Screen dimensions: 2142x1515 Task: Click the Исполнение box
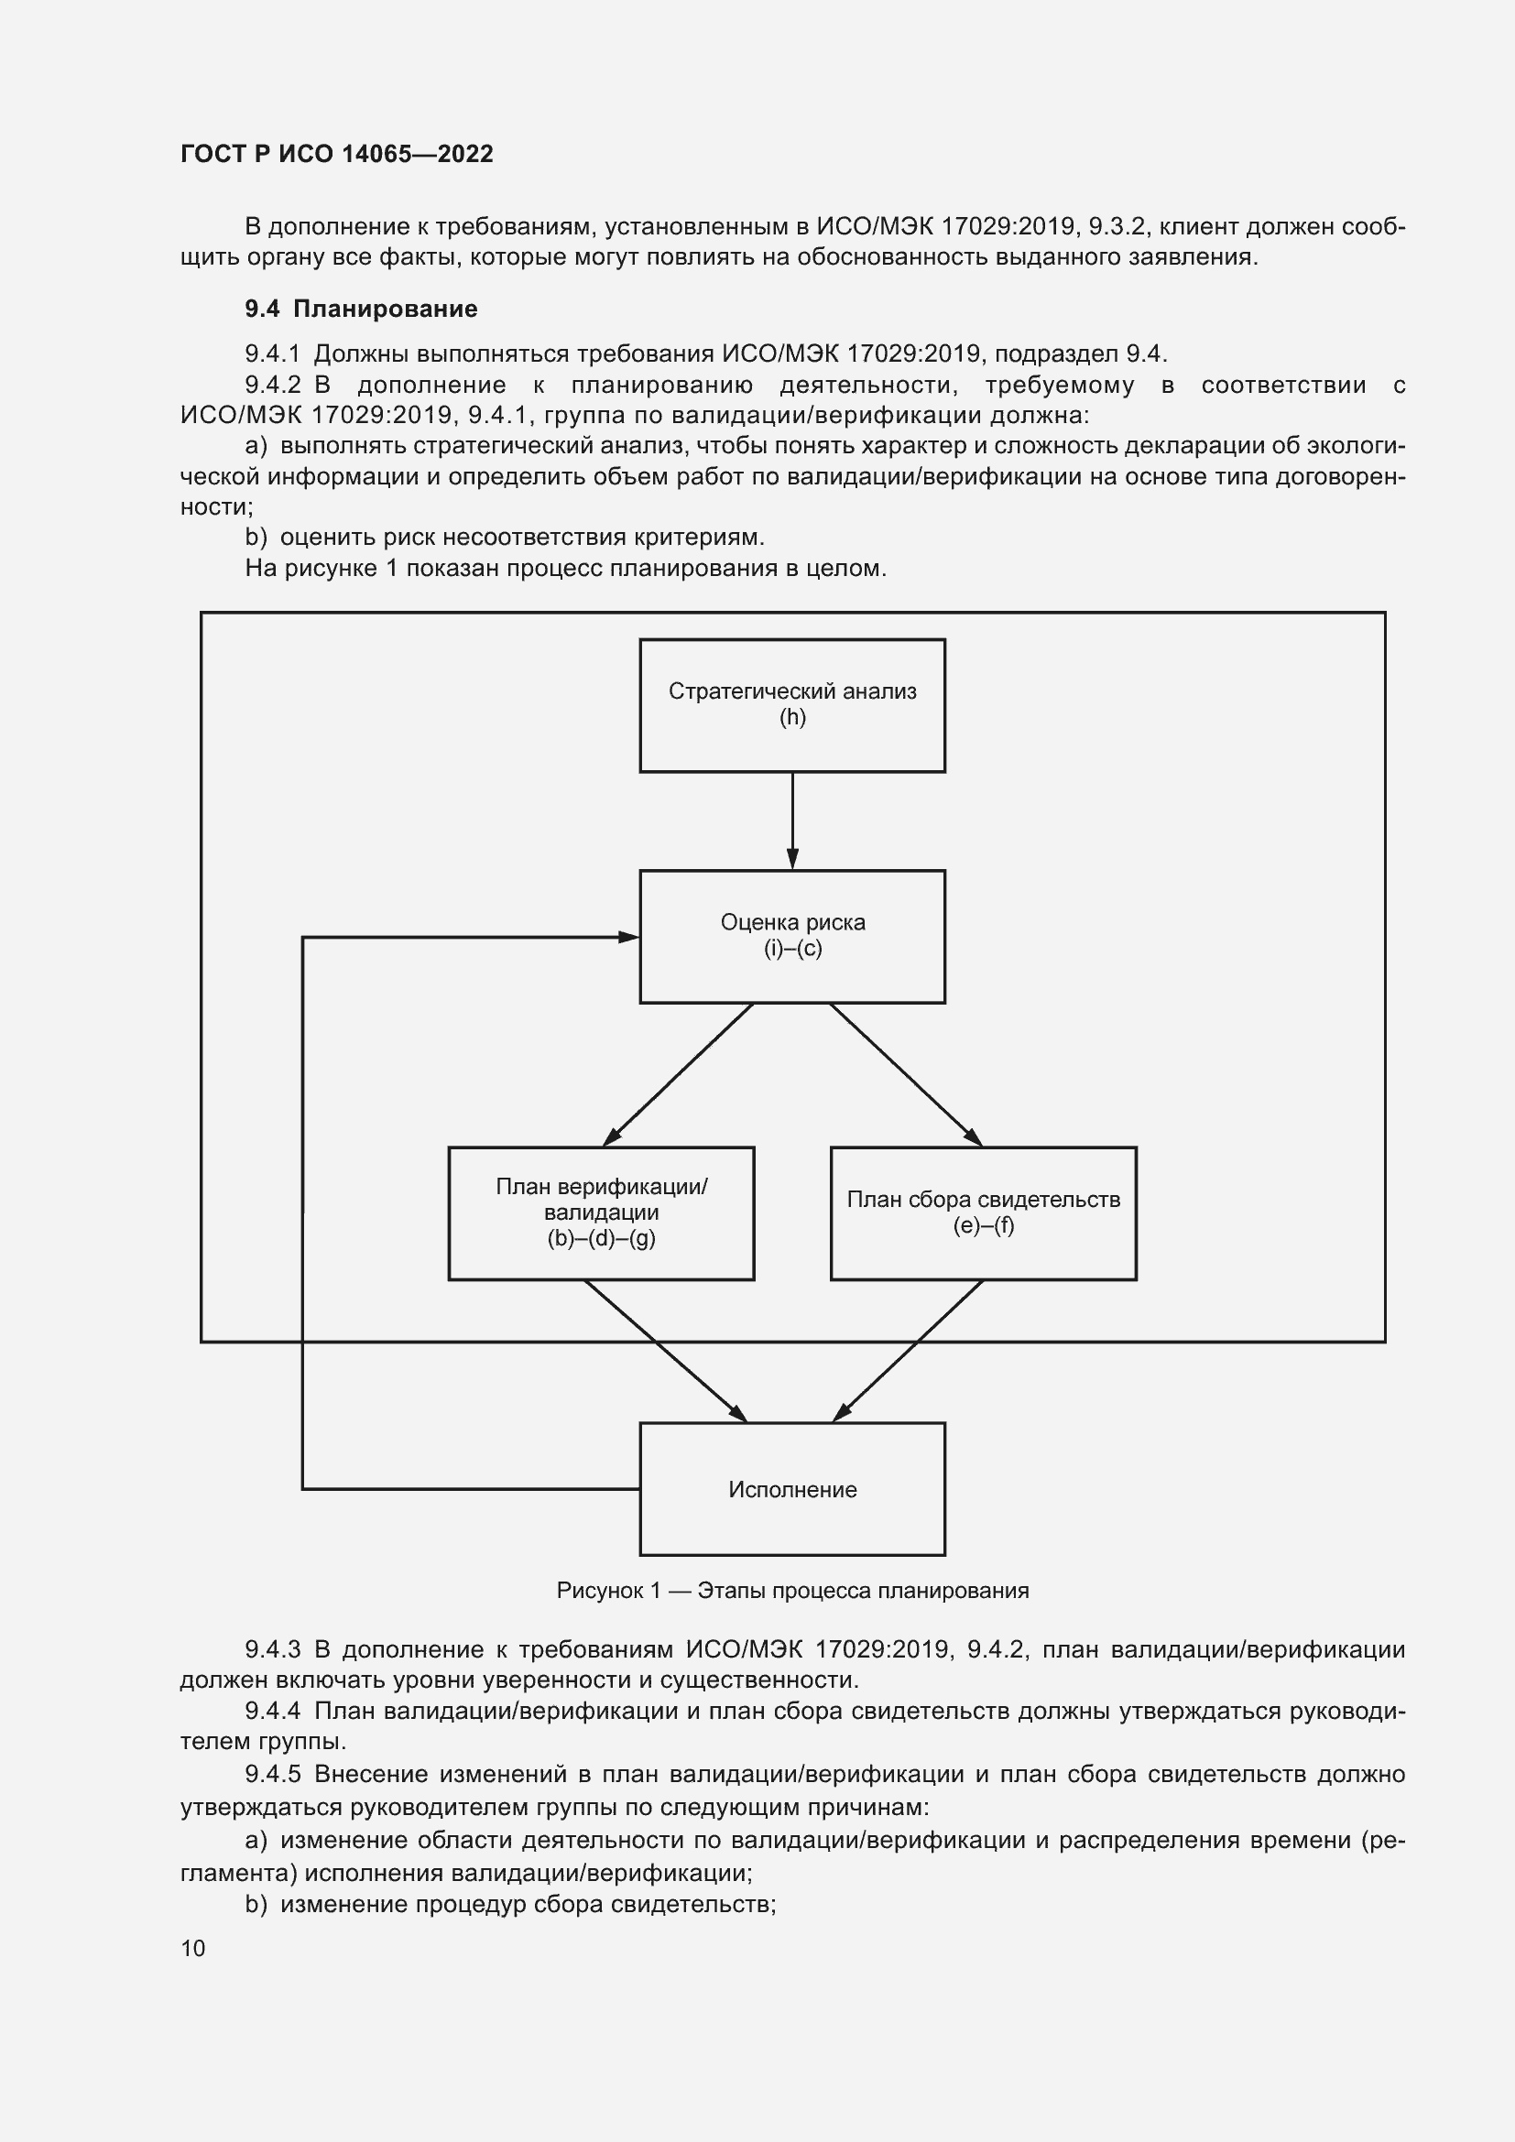(792, 1490)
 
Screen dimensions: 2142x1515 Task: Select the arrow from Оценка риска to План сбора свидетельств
(905, 1075)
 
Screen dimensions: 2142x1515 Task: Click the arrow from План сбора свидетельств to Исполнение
(907, 1351)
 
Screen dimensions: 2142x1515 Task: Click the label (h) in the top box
(792, 717)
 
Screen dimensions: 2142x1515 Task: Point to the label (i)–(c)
(792, 949)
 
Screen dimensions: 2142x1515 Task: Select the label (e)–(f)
(983, 1225)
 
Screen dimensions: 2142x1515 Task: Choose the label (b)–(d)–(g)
(601, 1238)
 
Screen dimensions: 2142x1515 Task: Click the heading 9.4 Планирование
(361, 309)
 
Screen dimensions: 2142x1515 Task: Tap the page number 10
(193, 1948)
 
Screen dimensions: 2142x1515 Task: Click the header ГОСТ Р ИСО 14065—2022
(337, 154)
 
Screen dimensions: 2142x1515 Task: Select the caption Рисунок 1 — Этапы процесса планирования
(792, 1591)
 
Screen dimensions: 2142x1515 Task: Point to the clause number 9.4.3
(272, 1649)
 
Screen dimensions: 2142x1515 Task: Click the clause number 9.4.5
(272, 1774)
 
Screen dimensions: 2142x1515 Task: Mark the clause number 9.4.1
(272, 353)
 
